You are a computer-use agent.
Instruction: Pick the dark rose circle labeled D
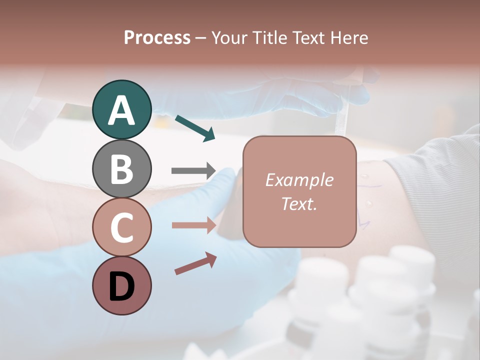(121, 286)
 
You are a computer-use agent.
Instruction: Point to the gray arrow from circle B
(193, 171)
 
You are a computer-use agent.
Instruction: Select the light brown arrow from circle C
(193, 225)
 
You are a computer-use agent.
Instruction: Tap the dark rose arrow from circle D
(195, 263)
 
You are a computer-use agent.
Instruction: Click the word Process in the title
(157, 38)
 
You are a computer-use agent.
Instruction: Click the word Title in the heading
(271, 38)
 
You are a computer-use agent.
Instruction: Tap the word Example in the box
(299, 180)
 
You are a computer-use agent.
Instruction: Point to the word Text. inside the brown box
(299, 203)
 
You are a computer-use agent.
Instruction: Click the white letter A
(121, 110)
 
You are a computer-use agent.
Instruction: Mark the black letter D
(121, 287)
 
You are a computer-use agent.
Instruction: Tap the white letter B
(121, 169)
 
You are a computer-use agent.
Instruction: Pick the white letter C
(121, 228)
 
